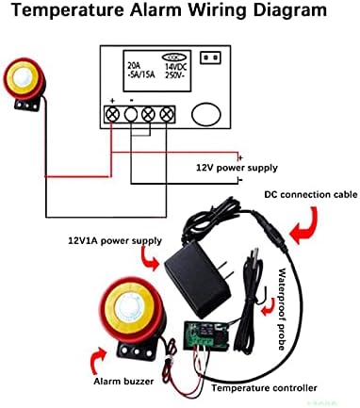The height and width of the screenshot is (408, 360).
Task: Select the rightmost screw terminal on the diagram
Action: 167,115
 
